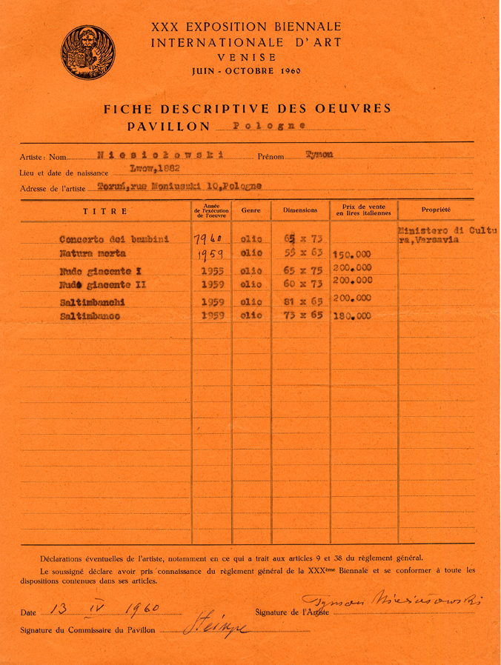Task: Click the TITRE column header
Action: (104, 211)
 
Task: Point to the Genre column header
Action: (250, 210)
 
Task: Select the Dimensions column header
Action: (300, 210)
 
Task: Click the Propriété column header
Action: (436, 210)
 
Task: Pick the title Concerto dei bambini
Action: (114, 239)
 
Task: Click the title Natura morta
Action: (91, 254)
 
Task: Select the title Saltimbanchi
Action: (93, 302)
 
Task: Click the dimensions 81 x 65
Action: (299, 301)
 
